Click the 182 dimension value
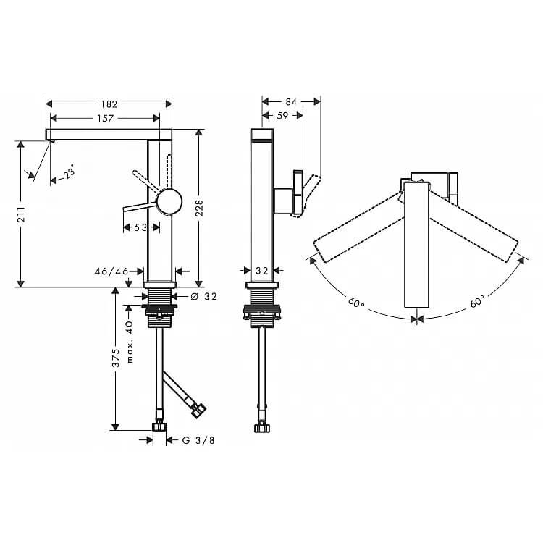pos(109,104)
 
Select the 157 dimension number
pos(105,119)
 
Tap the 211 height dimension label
pos(21,214)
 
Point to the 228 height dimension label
pos(200,208)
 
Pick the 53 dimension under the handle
pos(140,227)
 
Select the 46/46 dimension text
pos(111,271)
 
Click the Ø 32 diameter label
pos(203,296)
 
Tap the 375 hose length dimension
pos(116,358)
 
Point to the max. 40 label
pos(130,342)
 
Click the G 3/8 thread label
pos(198,440)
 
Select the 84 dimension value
pos(291,102)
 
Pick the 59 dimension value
pos(282,116)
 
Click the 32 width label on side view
pos(262,271)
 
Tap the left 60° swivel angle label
pos(356,303)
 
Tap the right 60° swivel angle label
pos(478,301)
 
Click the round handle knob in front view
pos(169,201)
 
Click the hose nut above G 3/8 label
pos(159,426)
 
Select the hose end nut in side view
pos(262,428)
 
